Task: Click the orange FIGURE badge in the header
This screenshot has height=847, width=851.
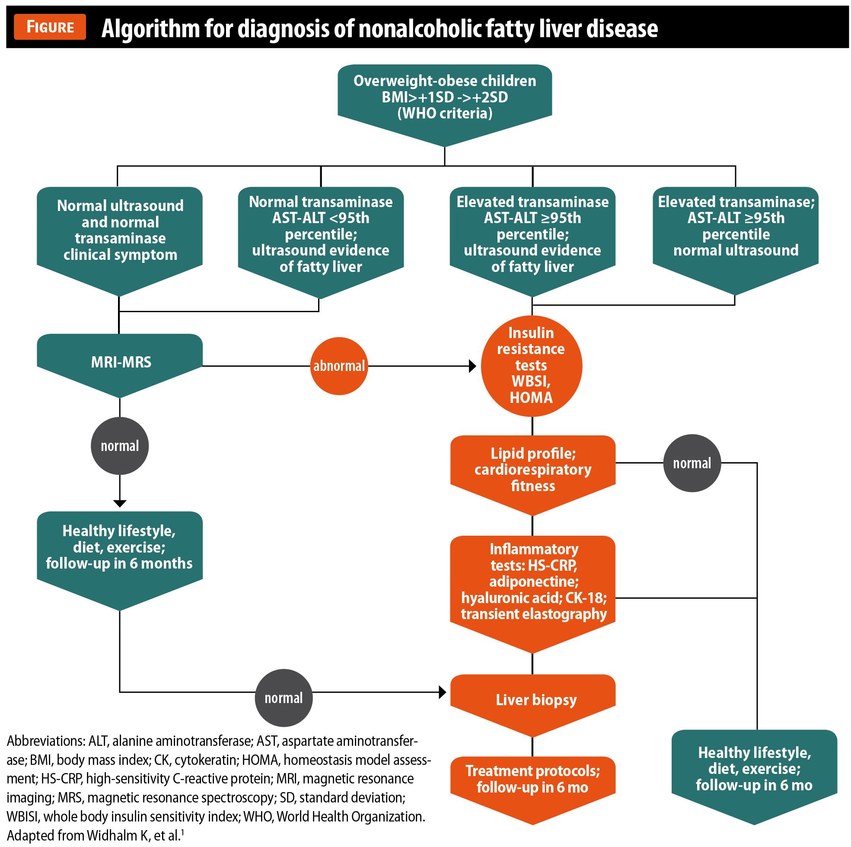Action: click(x=50, y=27)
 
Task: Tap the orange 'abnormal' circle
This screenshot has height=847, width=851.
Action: click(x=339, y=366)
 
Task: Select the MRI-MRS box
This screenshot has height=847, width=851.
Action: click(x=120, y=362)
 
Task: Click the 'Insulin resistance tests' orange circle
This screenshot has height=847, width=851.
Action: click(x=531, y=366)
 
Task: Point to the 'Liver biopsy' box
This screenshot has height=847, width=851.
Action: click(x=532, y=700)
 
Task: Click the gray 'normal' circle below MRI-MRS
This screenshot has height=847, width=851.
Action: click(x=119, y=446)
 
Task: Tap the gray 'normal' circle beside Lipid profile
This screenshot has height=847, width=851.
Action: click(x=692, y=463)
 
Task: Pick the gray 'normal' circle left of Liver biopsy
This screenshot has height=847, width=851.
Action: click(x=284, y=698)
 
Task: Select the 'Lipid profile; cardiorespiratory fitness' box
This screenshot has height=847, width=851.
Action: click(x=532, y=470)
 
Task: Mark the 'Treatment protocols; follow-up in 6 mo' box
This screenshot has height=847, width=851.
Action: click(x=532, y=780)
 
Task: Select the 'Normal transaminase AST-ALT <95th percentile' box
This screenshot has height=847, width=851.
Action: click(x=321, y=234)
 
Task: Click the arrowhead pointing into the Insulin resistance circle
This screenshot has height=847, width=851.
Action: click(x=473, y=366)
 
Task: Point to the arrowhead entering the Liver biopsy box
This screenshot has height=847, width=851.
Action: click(x=443, y=692)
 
